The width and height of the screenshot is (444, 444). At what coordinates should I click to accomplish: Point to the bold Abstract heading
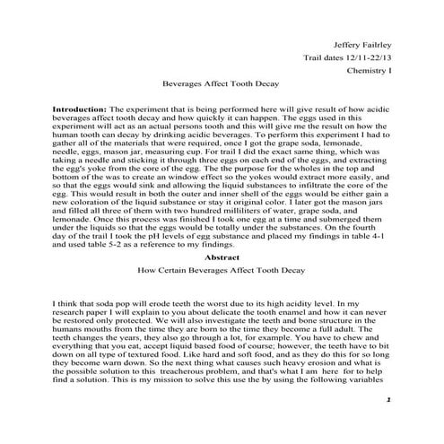(x=222, y=256)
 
